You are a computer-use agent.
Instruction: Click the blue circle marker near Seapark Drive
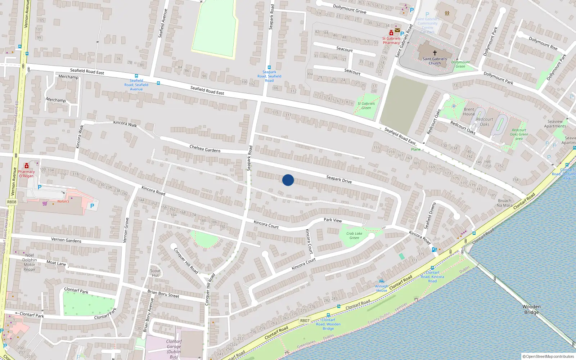pos(288,180)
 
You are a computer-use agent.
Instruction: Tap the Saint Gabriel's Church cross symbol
pos(435,53)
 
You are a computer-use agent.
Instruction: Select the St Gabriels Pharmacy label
pos(391,40)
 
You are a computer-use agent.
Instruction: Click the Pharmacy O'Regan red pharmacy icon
pos(27,166)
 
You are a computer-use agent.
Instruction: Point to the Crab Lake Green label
pos(354,235)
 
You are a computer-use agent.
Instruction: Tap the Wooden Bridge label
pos(531,309)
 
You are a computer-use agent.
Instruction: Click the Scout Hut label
pos(156,273)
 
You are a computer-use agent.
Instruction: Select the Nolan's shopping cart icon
pos(45,203)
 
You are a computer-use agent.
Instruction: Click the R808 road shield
pos(12,202)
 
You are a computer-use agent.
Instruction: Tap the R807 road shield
pos(305,320)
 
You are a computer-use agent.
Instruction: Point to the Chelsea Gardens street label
pos(205,148)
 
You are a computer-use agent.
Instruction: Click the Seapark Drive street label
pos(339,179)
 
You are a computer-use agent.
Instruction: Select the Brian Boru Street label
pos(163,293)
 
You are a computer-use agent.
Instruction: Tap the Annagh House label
pos(382,288)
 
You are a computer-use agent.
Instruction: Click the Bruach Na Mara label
pos(504,203)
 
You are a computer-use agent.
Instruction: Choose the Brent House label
pos(469,112)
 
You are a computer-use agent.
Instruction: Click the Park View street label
pos(333,220)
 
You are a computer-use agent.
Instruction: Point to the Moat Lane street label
pos(56,263)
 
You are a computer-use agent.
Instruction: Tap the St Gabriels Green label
pos(366,105)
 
